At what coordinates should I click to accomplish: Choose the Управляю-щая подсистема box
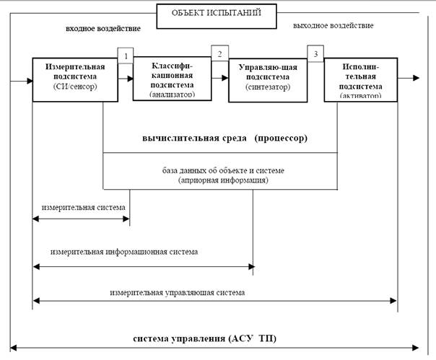(263, 80)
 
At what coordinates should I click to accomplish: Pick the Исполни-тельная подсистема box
(359, 79)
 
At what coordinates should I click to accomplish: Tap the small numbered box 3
(315, 54)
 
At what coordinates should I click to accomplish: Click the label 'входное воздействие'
(103, 28)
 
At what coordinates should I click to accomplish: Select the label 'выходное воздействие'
(333, 25)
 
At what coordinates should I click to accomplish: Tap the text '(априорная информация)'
(223, 180)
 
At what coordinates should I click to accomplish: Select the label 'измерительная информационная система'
(124, 252)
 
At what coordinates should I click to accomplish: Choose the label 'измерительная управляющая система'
(178, 293)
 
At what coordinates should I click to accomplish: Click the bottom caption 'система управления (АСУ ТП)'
(205, 338)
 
